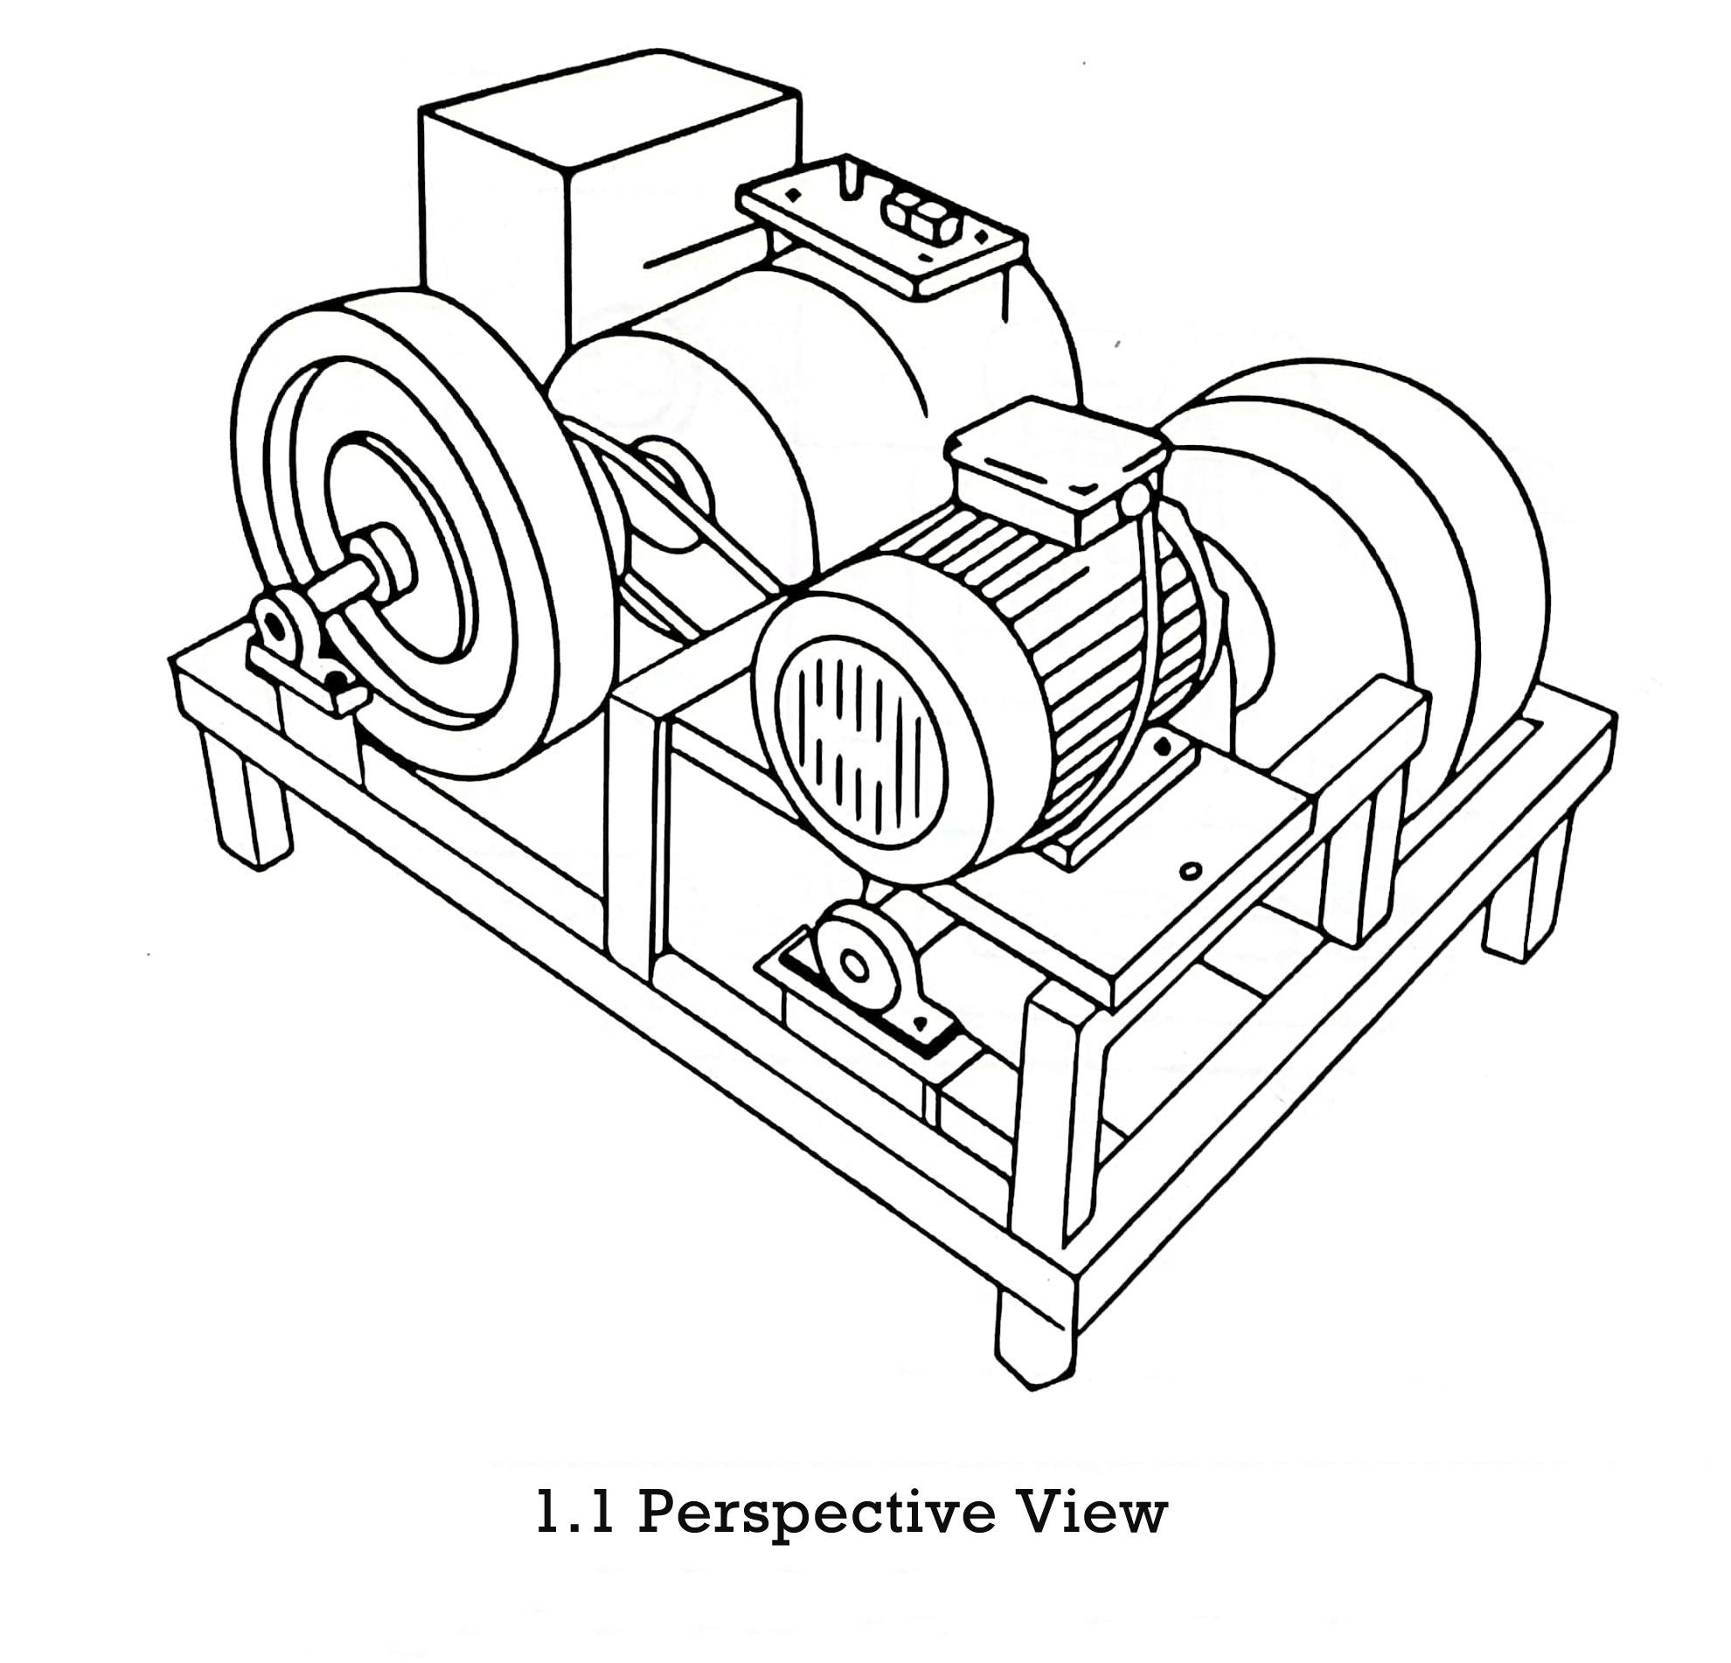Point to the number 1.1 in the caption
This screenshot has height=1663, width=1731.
coord(575,1512)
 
